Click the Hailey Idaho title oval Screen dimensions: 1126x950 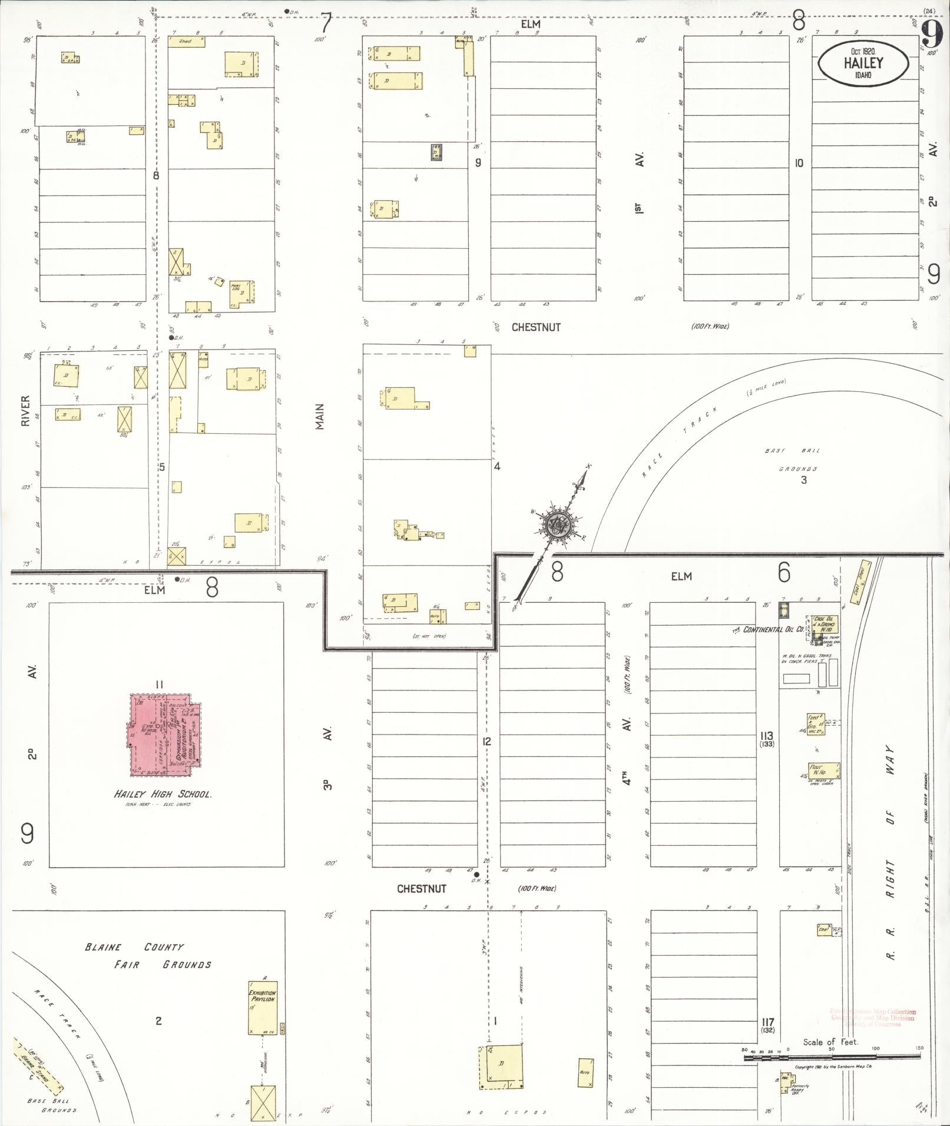point(863,62)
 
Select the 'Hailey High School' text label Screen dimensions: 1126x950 point(163,794)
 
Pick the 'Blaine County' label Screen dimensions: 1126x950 point(134,947)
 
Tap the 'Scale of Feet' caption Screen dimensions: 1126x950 point(830,1042)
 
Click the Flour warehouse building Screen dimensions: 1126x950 point(824,770)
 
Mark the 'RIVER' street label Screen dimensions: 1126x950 point(25,410)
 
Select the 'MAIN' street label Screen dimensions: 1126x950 point(320,416)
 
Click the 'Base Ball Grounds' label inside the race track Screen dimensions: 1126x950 point(792,460)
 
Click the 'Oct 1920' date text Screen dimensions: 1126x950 point(862,51)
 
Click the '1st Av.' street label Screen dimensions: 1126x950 point(639,183)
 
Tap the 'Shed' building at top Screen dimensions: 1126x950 point(186,42)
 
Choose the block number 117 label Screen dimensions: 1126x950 point(767,1022)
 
